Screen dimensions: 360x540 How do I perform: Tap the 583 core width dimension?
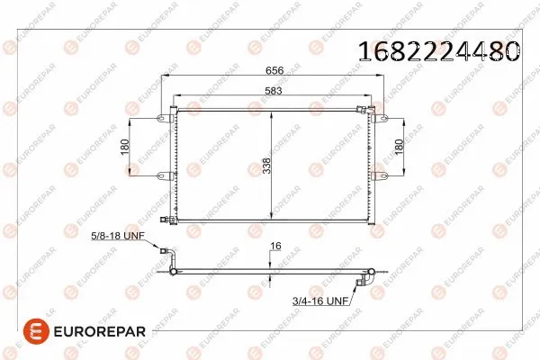point(271,91)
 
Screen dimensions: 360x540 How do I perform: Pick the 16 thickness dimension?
point(276,245)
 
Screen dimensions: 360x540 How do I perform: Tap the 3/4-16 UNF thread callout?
point(319,301)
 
